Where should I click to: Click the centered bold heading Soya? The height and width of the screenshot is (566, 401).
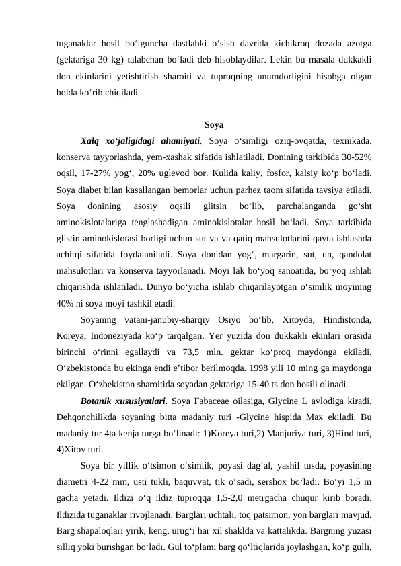tap(214, 125)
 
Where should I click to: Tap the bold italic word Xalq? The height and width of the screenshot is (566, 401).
tap(90, 141)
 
